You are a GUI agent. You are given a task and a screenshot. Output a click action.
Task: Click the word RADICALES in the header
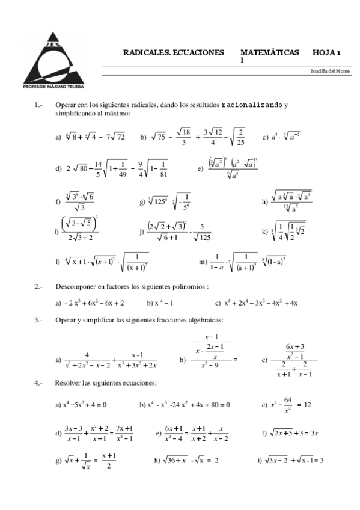145,54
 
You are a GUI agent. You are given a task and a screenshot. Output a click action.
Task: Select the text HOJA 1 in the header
326,54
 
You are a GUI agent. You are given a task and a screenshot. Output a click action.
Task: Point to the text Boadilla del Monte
330,71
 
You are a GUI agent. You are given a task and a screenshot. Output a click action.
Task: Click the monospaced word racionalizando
252,105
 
